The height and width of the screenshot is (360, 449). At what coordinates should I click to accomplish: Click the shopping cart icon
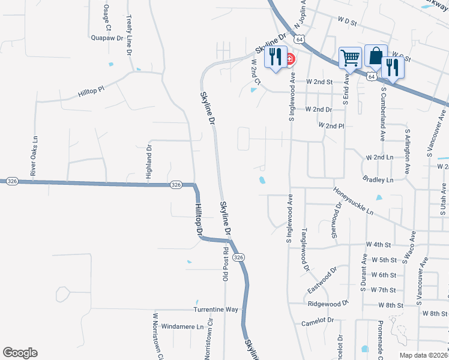click(350, 58)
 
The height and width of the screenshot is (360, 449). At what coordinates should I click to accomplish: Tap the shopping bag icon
click(376, 56)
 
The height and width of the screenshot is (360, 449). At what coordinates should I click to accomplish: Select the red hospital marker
click(290, 59)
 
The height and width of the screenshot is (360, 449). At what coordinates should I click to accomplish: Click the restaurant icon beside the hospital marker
click(275, 57)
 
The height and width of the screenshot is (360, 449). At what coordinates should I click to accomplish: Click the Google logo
click(20, 352)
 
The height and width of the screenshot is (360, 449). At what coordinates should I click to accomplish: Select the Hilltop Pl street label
click(91, 91)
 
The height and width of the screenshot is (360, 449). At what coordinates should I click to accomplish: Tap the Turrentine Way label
click(215, 310)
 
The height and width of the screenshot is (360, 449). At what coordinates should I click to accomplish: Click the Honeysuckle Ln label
click(354, 201)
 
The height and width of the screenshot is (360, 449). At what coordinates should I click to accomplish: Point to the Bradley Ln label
click(378, 179)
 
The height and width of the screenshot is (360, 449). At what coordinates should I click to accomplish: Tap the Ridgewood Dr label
click(328, 304)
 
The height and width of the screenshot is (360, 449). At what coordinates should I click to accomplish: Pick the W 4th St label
click(379, 245)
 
